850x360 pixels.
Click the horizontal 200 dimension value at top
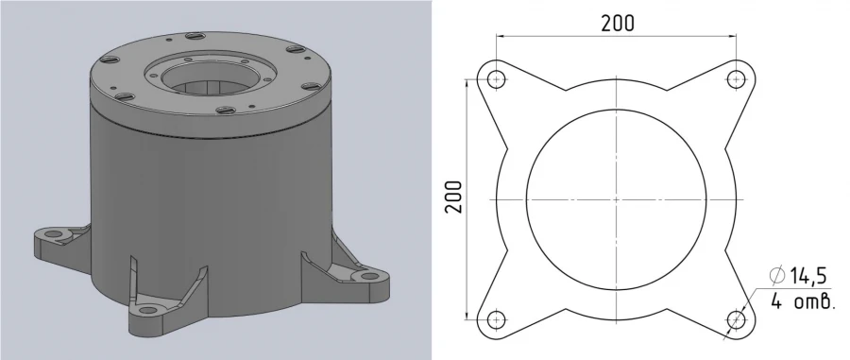618,23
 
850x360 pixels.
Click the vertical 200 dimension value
454,197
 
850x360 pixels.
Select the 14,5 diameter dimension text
807,277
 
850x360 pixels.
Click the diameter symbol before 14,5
777,277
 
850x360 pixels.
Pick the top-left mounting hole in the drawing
497,79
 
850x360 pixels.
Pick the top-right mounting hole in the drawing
736,79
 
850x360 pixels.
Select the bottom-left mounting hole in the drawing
497,319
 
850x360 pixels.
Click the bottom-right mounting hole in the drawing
736,319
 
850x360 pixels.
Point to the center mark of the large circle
617,199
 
